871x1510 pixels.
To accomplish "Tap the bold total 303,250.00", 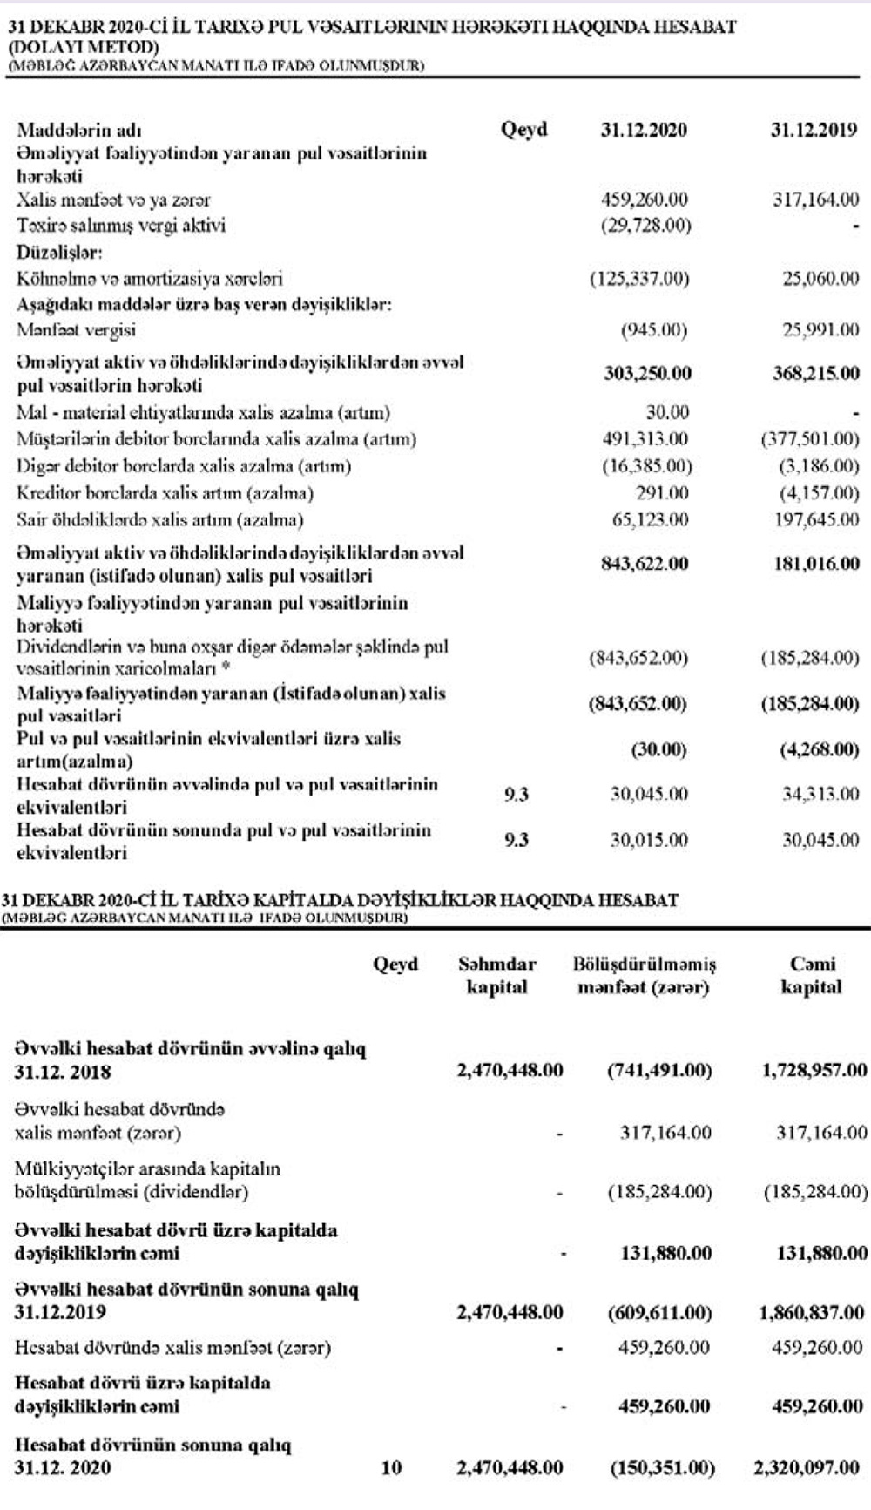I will (x=647, y=374).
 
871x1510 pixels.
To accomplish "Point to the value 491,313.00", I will (x=645, y=439).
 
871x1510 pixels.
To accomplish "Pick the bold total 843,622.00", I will (x=645, y=564).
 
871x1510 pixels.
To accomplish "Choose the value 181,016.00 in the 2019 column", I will (x=815, y=564).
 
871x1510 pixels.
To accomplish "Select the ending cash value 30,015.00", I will (x=648, y=840).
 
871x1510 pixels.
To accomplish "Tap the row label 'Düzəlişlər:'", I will (x=59, y=253).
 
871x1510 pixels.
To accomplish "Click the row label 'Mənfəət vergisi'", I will (x=77, y=330).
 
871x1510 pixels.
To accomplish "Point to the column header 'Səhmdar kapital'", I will (x=496, y=976).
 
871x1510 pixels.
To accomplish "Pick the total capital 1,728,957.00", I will (x=814, y=1070).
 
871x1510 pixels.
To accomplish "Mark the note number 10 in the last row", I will (x=392, y=1468).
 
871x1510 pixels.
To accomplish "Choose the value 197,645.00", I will (x=816, y=520).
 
